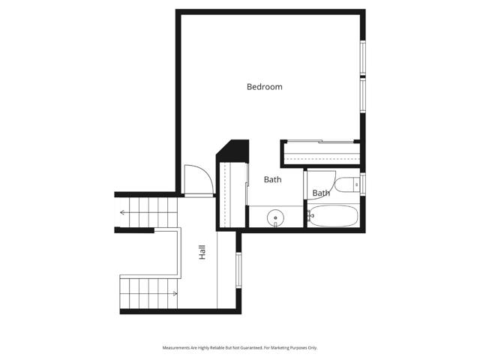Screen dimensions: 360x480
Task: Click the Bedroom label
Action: (265, 87)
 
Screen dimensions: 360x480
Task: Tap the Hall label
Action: (202, 253)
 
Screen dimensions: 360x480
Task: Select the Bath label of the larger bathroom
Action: (272, 180)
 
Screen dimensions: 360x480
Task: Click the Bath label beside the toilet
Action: (321, 193)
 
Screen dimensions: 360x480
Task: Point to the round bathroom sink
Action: (276, 218)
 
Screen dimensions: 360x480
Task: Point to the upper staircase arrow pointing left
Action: (122, 212)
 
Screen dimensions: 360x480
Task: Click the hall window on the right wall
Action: (238, 270)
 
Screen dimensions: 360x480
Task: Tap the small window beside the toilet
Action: (362, 184)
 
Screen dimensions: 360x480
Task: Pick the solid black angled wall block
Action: (232, 150)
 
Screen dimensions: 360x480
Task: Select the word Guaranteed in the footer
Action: (248, 348)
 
